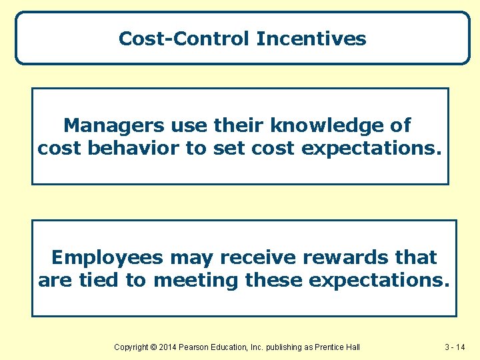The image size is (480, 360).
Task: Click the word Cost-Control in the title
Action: point(185,39)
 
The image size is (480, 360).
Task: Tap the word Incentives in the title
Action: point(311,39)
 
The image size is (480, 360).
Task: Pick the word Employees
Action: point(107,257)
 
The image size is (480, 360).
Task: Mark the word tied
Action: point(100,280)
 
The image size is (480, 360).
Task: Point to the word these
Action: point(274,280)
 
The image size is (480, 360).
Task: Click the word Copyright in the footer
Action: point(133,347)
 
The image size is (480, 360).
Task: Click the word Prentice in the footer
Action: point(331,347)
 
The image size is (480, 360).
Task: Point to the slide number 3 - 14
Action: point(457,347)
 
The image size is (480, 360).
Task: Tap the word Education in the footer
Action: point(235,347)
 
